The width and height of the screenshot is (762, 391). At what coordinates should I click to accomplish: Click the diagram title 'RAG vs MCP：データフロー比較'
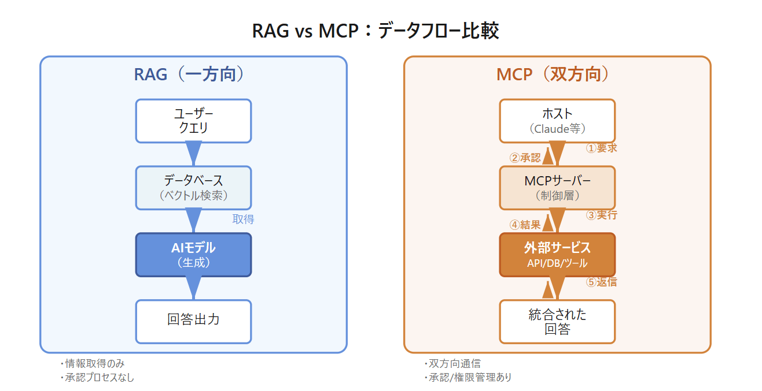[x=376, y=31]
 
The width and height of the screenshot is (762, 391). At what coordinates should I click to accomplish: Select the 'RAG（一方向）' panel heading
[x=189, y=75]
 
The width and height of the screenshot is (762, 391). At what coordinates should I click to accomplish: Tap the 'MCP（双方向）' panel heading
[x=553, y=75]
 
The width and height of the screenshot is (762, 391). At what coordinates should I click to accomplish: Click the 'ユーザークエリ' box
[x=194, y=121]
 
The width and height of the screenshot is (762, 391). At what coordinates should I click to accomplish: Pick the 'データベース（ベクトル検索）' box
[x=194, y=188]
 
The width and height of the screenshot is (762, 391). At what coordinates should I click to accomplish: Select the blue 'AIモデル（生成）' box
[x=194, y=255]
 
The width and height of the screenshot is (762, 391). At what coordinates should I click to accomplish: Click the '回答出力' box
[x=194, y=322]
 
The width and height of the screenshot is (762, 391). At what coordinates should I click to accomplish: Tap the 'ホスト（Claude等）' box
[x=558, y=121]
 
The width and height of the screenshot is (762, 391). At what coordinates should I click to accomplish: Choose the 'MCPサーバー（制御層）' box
[x=558, y=188]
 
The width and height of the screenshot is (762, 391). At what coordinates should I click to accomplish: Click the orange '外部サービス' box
[x=558, y=255]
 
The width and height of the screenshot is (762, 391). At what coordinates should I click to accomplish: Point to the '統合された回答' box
[x=558, y=322]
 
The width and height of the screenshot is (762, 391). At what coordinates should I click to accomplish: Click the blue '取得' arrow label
[x=243, y=219]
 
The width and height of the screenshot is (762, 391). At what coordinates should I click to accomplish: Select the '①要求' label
[x=601, y=148]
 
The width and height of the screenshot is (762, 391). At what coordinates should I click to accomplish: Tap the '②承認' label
[x=525, y=158]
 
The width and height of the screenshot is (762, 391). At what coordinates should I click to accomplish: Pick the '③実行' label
[x=601, y=215]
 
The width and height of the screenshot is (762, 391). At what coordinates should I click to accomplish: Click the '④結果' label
[x=525, y=225]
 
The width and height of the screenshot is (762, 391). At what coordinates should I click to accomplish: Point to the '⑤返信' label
[x=601, y=282]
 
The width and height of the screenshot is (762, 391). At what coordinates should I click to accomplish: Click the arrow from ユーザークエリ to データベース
[x=194, y=154]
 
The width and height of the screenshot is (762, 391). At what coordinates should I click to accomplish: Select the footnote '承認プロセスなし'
[x=100, y=377]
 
